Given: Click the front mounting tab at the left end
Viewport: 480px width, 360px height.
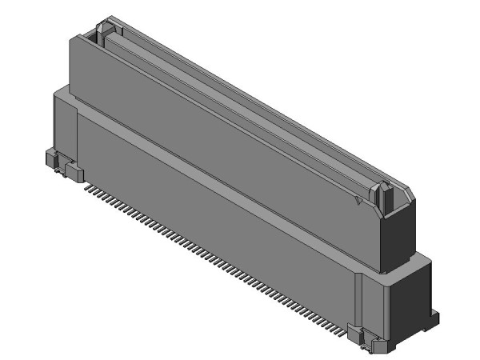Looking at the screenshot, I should coord(74,172).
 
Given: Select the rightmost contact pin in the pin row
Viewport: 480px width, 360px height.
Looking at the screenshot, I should coord(345,328).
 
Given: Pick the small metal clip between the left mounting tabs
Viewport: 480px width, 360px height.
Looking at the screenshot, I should coord(62,165).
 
